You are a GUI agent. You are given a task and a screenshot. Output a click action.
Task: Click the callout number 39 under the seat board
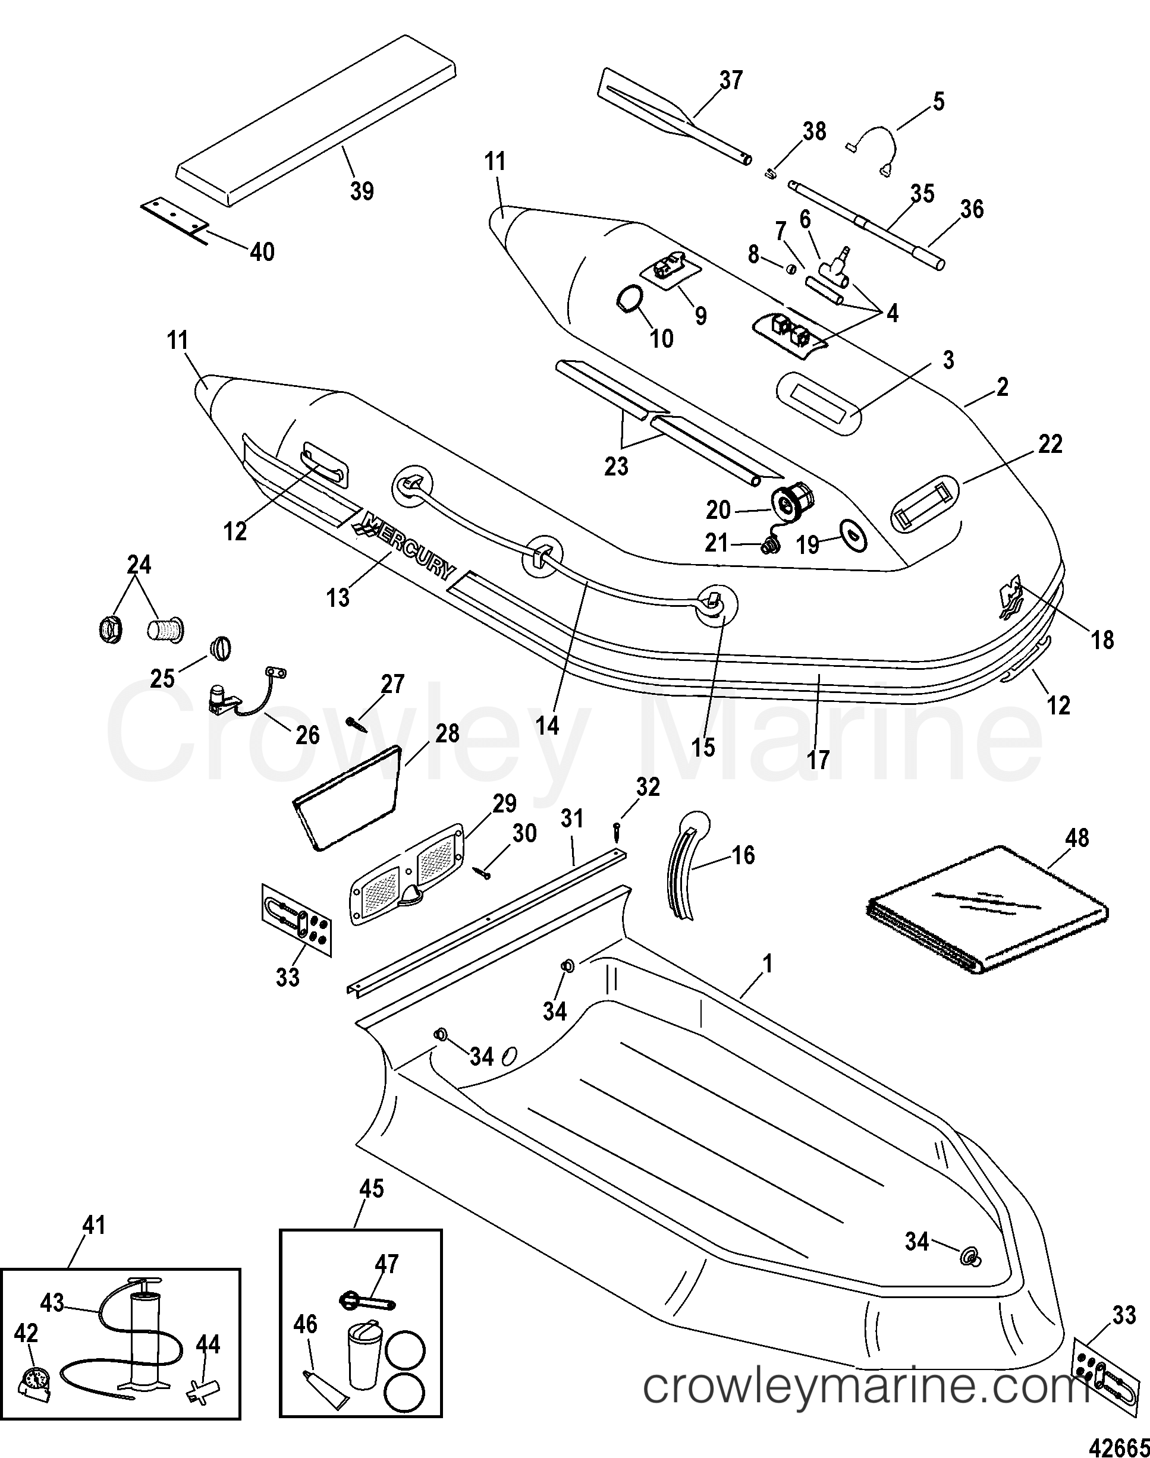click(x=362, y=191)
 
